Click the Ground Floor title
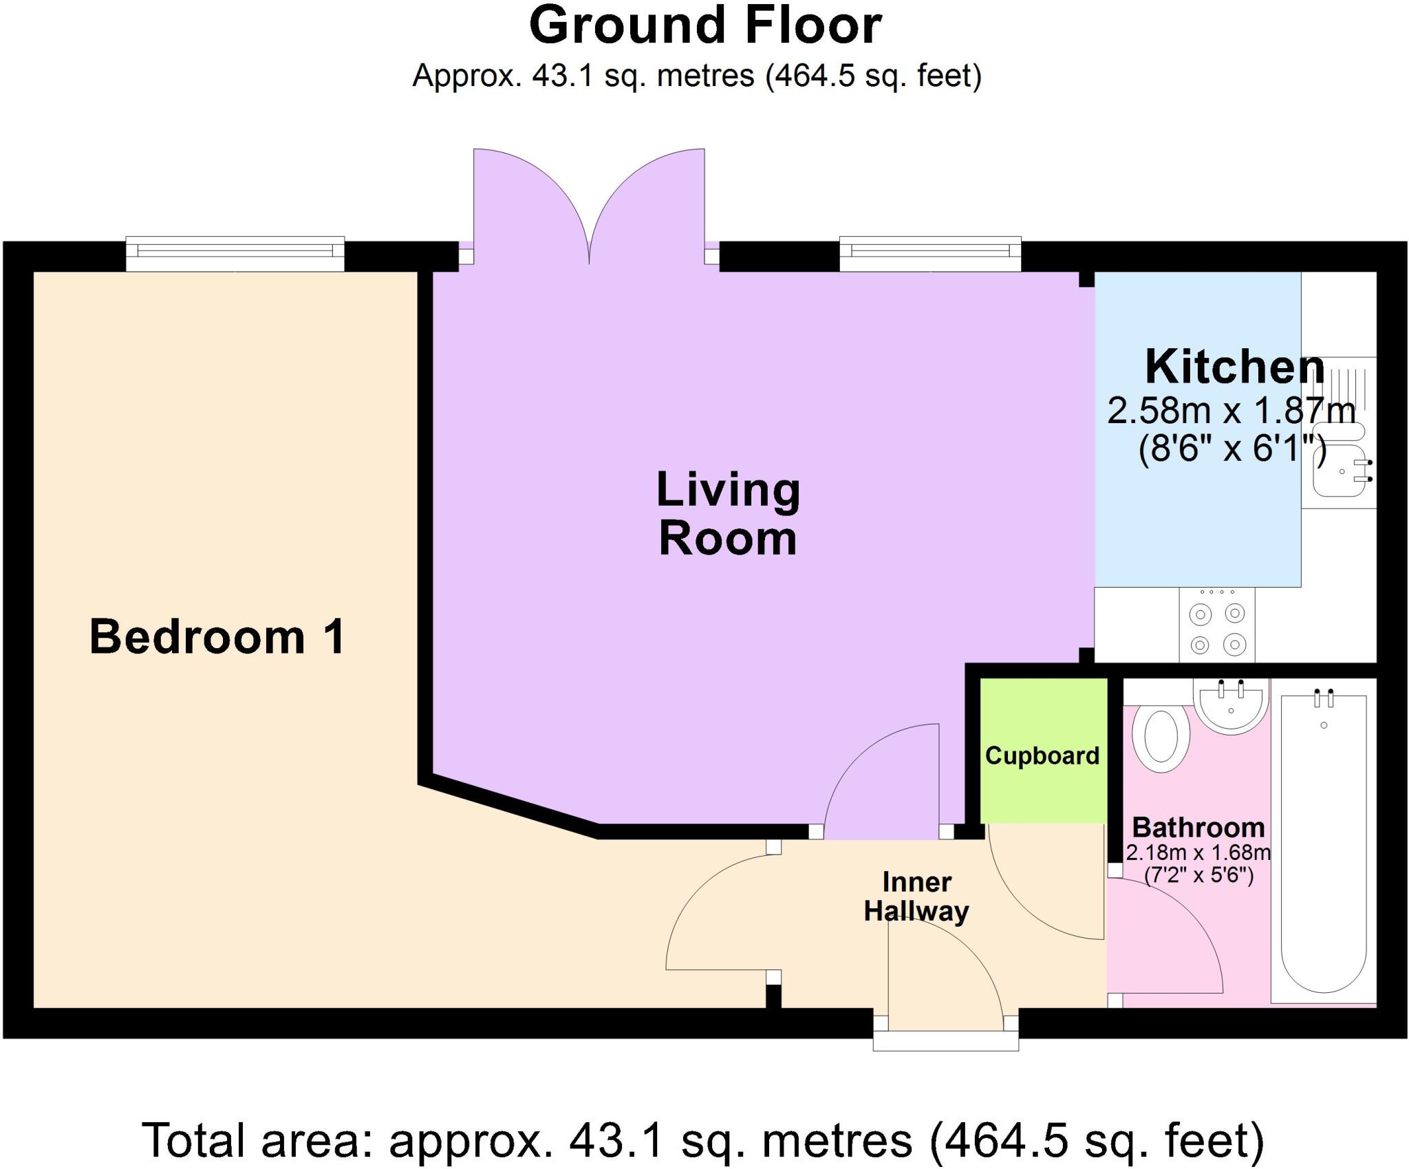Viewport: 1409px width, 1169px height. point(704,26)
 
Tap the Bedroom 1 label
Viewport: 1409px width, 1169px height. point(217,636)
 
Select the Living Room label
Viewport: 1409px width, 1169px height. point(728,513)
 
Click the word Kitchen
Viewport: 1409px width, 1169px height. point(1234,367)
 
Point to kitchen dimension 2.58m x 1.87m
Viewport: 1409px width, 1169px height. point(1231,411)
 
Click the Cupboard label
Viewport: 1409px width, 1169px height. point(1042,755)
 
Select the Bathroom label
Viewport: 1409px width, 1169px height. point(1198,826)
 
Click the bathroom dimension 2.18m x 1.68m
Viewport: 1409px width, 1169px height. point(1198,852)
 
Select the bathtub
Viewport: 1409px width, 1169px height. point(1323,843)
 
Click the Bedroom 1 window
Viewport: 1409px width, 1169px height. point(235,253)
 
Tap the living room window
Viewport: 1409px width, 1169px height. point(929,253)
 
